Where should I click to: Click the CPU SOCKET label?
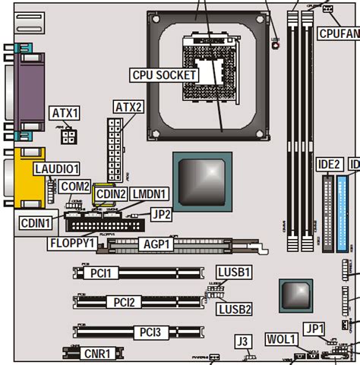165,74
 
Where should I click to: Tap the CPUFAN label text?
338,33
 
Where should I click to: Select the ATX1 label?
65,113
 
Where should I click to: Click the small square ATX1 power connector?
69,136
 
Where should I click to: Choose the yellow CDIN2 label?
111,194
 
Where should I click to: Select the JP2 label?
162,214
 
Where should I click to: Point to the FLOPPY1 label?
71,243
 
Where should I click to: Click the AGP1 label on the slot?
159,243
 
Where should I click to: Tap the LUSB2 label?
234,309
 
